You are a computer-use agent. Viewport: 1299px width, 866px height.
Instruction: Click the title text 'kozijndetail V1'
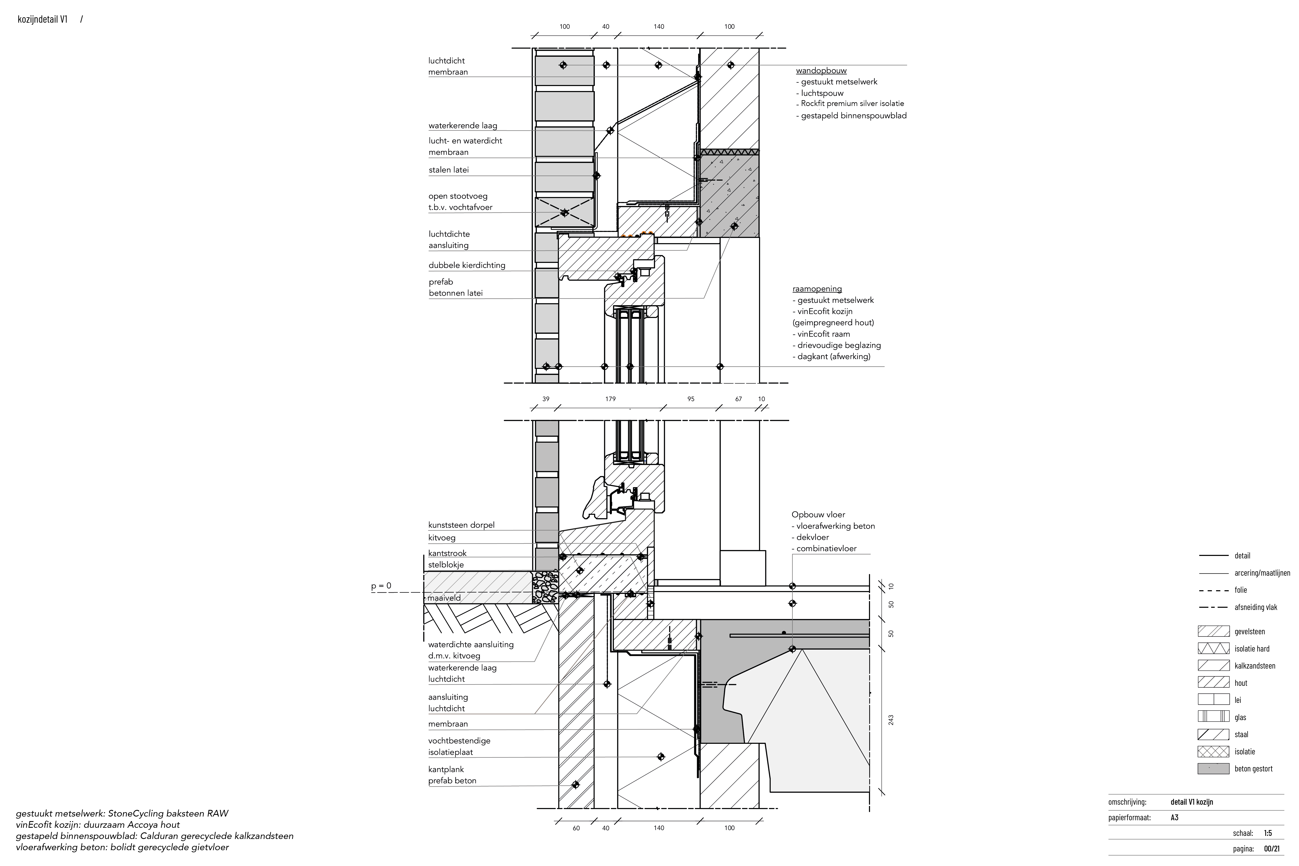pyautogui.click(x=43, y=19)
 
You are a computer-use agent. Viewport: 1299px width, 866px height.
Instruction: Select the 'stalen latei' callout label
pyautogui.click(x=449, y=170)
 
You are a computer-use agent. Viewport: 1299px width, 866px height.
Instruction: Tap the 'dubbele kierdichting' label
pyautogui.click(x=467, y=265)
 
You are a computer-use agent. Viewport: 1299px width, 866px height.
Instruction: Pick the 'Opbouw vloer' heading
pyautogui.click(x=818, y=515)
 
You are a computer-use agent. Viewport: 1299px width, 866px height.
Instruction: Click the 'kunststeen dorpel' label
pyautogui.click(x=461, y=525)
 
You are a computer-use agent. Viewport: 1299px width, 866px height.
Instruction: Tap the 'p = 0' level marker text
pyautogui.click(x=381, y=586)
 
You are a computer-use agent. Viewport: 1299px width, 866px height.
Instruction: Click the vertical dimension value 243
pyautogui.click(x=890, y=720)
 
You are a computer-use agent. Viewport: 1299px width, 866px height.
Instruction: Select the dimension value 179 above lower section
pyautogui.click(x=610, y=399)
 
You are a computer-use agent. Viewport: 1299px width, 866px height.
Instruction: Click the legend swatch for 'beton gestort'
pyautogui.click(x=1213, y=769)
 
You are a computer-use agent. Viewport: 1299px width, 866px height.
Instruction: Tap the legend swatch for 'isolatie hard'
pyautogui.click(x=1213, y=648)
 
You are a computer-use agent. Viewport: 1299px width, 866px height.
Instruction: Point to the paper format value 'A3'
pyautogui.click(x=1175, y=817)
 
